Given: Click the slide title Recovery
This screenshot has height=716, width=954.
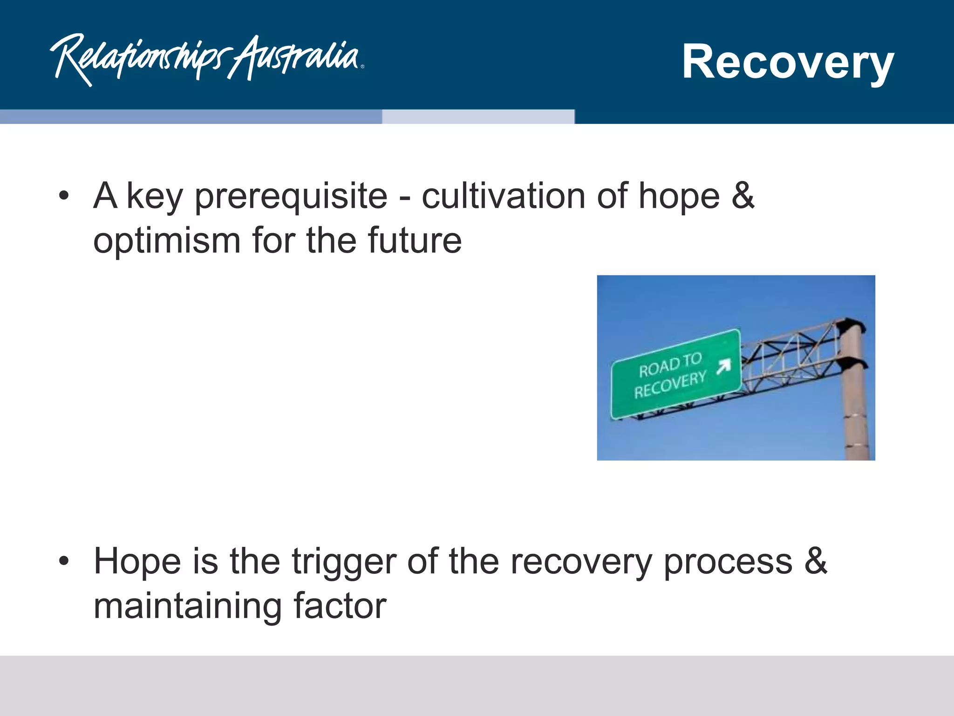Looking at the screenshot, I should pos(787,62).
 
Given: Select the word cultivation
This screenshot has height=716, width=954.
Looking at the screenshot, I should pos(503,196).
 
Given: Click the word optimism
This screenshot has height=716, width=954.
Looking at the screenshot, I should pos(167,241).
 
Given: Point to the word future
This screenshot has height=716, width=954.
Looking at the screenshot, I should pos(415,241).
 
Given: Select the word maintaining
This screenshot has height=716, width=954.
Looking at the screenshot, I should pos(187,606).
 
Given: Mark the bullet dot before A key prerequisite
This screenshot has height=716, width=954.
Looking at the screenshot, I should pos(64,196).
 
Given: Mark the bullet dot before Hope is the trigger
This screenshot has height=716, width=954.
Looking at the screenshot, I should pos(64,561).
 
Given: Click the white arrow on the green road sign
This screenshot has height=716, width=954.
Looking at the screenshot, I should pos(723,366).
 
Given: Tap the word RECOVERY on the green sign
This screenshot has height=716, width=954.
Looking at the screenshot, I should pos(670,385).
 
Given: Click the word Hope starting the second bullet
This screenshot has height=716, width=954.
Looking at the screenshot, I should pos(137,562).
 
